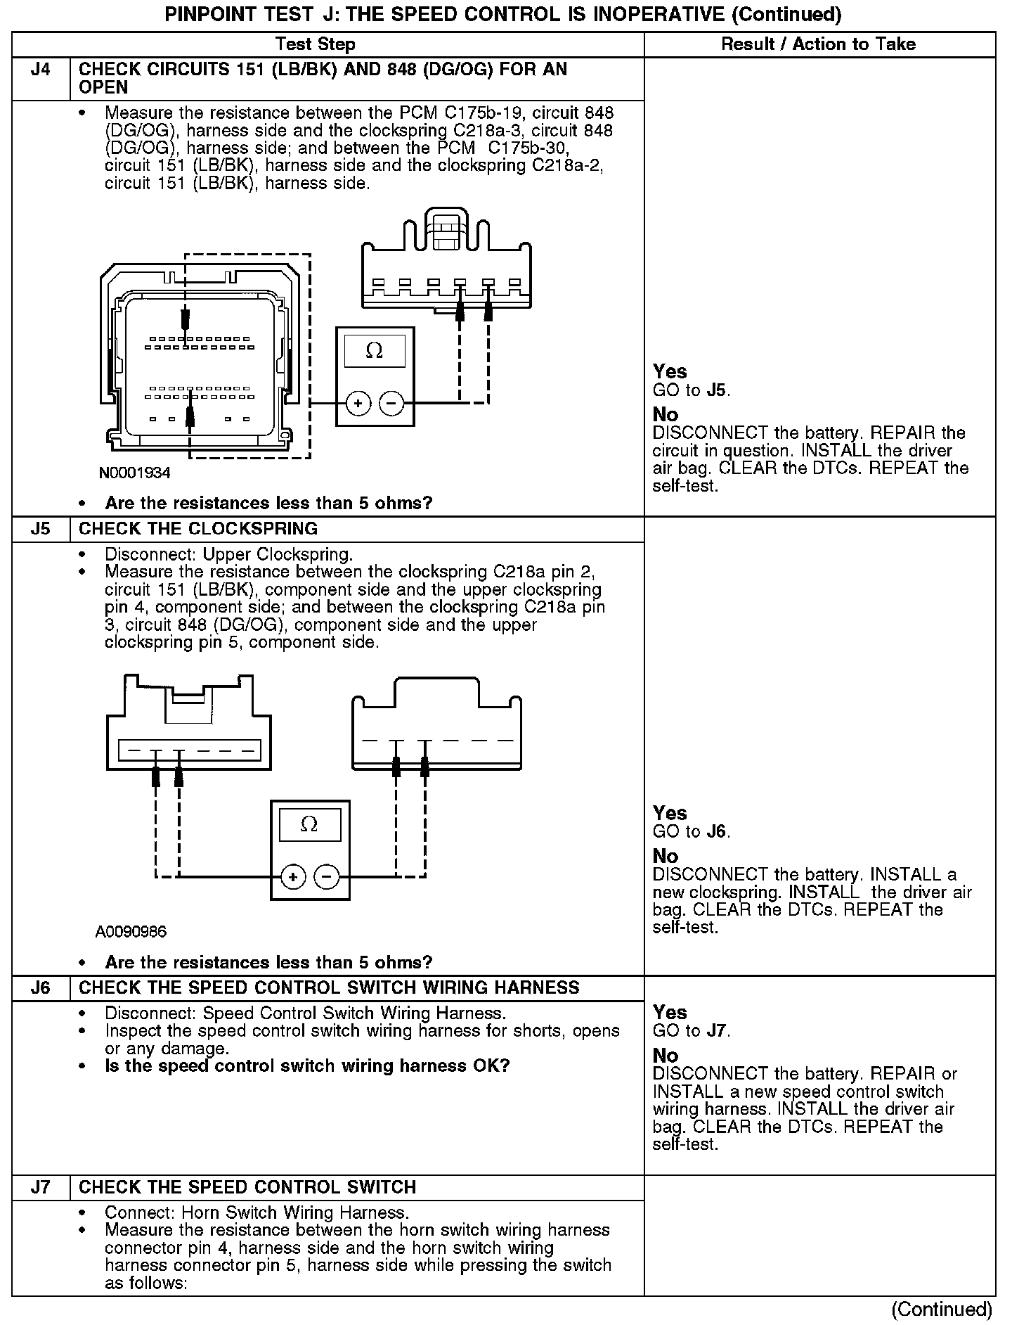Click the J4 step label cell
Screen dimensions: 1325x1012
pyautogui.click(x=41, y=70)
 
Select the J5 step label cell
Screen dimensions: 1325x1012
pyautogui.click(x=41, y=529)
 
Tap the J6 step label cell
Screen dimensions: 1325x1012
pyautogui.click(x=41, y=988)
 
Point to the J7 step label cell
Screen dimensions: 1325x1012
pyautogui.click(x=41, y=1187)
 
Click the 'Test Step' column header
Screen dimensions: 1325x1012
pyautogui.click(x=316, y=44)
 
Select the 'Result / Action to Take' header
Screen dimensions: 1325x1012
pyautogui.click(x=819, y=44)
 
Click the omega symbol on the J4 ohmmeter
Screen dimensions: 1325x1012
pyautogui.click(x=375, y=351)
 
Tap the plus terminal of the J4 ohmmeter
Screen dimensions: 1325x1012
pyautogui.click(x=358, y=404)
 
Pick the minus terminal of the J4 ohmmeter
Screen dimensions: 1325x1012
pyautogui.click(x=391, y=404)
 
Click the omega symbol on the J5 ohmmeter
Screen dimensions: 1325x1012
pyautogui.click(x=309, y=824)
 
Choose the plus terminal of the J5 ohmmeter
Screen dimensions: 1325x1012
pyautogui.click(x=293, y=877)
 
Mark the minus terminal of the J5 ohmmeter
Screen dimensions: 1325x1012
pyautogui.click(x=326, y=877)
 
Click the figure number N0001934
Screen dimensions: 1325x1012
pyautogui.click(x=134, y=473)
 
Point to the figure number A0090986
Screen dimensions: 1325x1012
pyautogui.click(x=131, y=932)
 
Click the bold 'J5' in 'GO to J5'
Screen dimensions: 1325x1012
pyautogui.click(x=717, y=390)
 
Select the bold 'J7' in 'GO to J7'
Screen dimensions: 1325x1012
pyautogui.click(x=717, y=1031)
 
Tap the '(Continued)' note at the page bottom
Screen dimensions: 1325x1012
pyautogui.click(x=942, y=1309)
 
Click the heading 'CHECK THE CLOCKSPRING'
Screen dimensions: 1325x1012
pyautogui.click(x=198, y=529)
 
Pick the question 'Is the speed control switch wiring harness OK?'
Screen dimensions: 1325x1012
pyautogui.click(x=307, y=1066)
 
